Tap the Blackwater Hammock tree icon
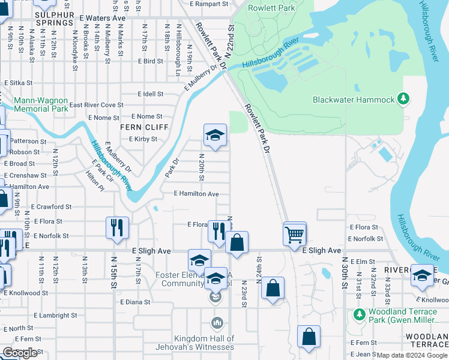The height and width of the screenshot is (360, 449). (405, 98)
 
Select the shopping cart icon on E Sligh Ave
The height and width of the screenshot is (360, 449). (294, 233)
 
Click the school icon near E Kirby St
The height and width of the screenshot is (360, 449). (214, 134)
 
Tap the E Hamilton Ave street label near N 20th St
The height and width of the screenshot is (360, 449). (196, 194)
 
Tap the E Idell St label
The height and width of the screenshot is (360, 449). (150, 94)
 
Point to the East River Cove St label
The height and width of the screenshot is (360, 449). (97, 105)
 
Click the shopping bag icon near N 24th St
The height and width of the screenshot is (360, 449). (273, 288)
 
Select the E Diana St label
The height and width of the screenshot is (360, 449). (134, 302)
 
